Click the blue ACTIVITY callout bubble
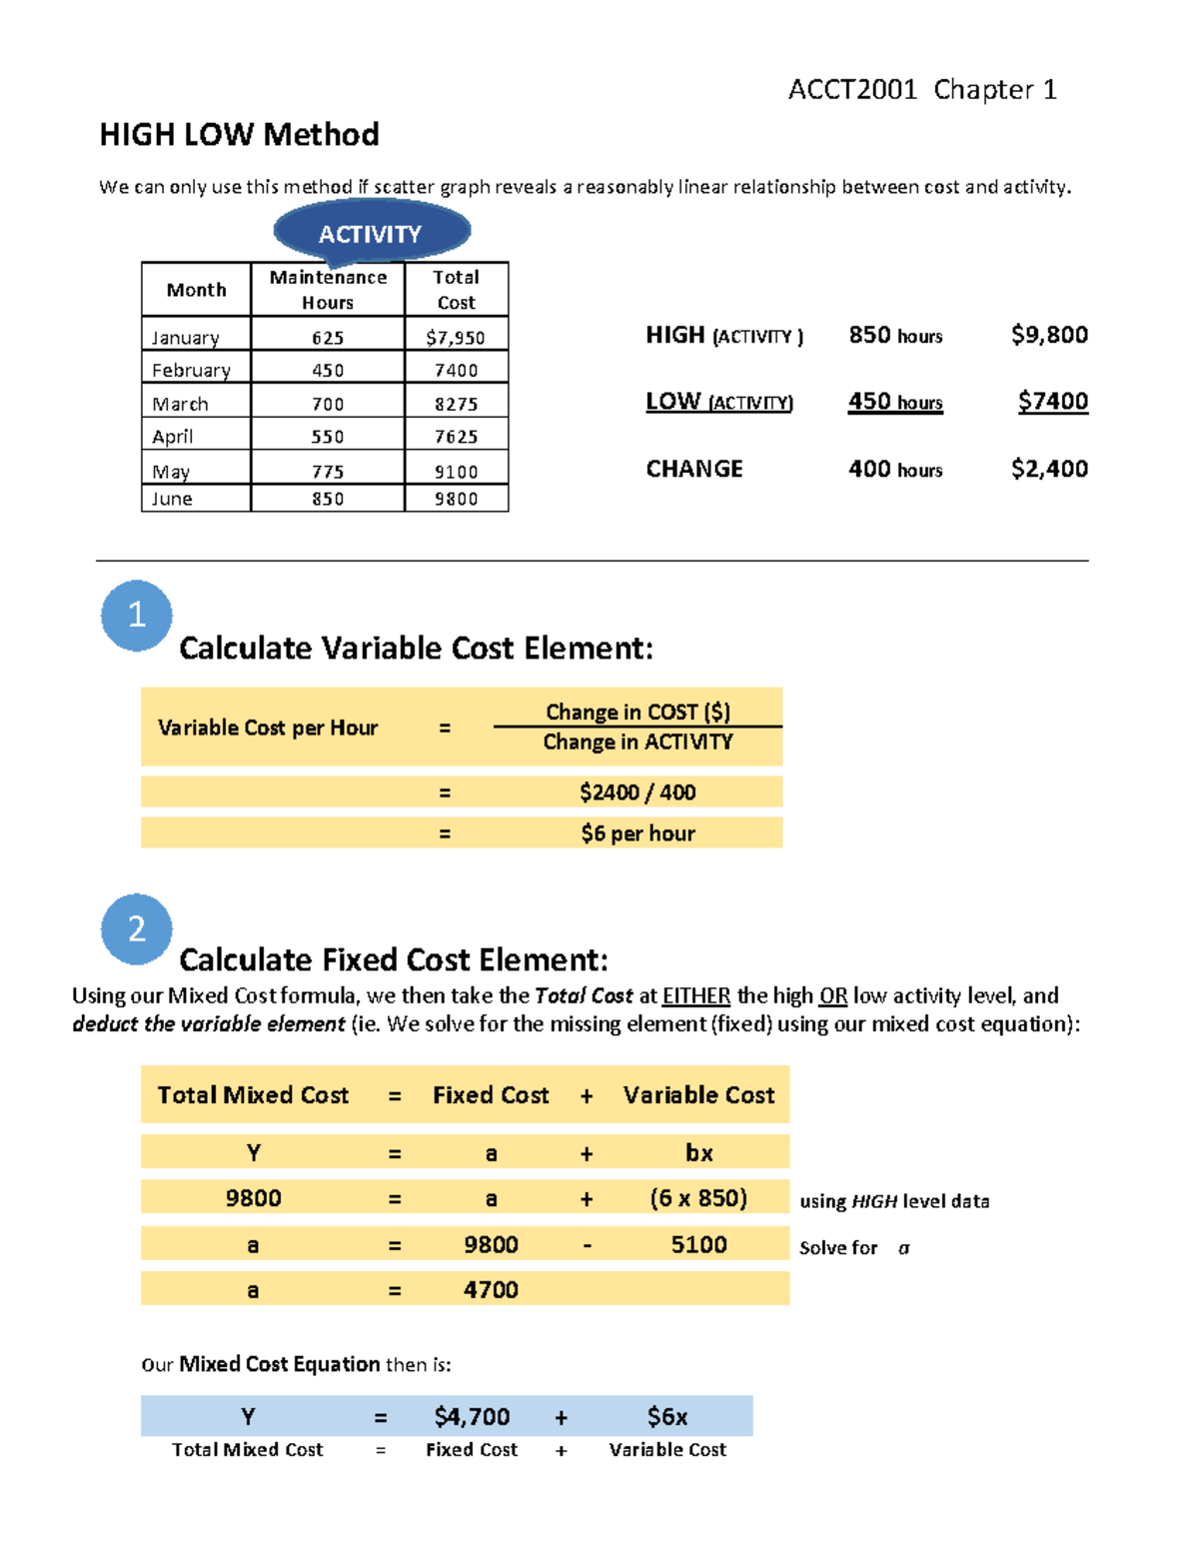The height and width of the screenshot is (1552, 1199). (371, 233)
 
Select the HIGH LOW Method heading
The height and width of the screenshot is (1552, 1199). (239, 134)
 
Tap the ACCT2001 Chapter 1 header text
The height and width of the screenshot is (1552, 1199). (921, 90)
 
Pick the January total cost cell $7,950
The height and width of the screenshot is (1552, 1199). (456, 338)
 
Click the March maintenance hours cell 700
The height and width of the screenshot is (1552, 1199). (328, 404)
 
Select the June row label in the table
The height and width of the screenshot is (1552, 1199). (172, 499)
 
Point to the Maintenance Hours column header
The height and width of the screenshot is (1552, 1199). (328, 290)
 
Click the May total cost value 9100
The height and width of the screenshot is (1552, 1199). (456, 472)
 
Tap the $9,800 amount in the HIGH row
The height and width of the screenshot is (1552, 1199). (1049, 335)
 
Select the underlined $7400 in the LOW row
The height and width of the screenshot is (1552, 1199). (1052, 402)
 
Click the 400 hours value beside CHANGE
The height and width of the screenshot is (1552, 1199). (895, 469)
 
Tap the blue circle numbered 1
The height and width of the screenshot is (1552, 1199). (137, 616)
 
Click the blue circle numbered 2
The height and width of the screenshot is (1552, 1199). (137, 929)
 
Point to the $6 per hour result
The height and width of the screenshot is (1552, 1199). (637, 833)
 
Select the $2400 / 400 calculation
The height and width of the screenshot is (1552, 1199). (637, 792)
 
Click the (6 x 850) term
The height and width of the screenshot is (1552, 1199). (698, 1198)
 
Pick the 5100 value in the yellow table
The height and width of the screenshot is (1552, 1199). (698, 1244)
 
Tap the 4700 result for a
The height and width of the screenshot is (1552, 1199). (491, 1290)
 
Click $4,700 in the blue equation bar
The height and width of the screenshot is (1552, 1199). (472, 1417)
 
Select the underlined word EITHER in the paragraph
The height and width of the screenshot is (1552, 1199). (696, 996)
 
